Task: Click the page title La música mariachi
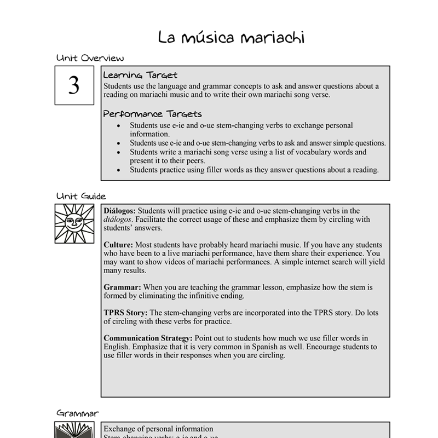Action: point(231,38)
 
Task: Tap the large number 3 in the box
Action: point(73,85)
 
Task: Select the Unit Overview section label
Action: point(90,58)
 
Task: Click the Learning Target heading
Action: point(140,75)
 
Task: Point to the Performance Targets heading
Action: point(152,114)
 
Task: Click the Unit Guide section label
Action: point(81,196)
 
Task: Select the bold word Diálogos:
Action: point(120,211)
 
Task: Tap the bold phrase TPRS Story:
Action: point(125,313)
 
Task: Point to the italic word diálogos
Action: point(118,220)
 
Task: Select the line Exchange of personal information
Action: point(158,429)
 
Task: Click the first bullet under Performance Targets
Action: point(119,125)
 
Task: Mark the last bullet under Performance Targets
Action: point(119,170)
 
